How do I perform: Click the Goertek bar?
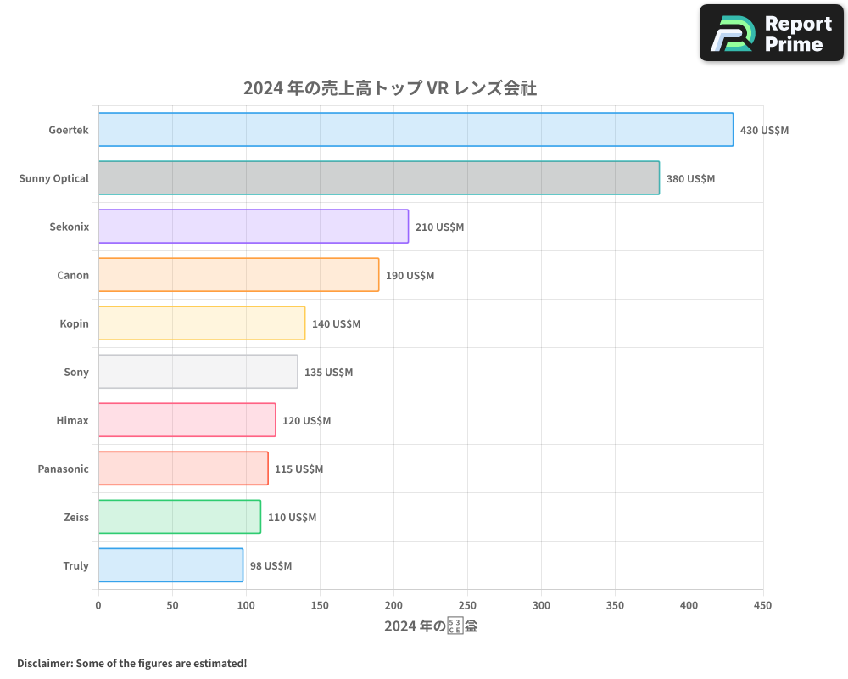pos(416,130)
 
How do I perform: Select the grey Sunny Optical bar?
pos(378,178)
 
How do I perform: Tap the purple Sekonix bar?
pos(253,227)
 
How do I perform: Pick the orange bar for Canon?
pos(238,275)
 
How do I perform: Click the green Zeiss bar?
pos(179,517)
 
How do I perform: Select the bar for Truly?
pos(170,565)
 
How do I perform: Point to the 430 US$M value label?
pos(764,131)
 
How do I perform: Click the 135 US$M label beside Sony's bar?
pos(328,373)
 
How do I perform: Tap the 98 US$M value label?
pos(271,566)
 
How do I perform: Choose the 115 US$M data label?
pos(298,469)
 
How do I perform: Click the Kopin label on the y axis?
pos(74,323)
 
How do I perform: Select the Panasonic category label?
pos(63,469)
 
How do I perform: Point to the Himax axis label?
pos(72,420)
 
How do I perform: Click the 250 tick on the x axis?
pos(467,605)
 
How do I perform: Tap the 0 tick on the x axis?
pos(98,605)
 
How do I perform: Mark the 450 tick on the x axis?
pos(762,605)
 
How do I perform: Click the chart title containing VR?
pos(389,88)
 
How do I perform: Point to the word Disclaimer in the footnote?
pos(43,663)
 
